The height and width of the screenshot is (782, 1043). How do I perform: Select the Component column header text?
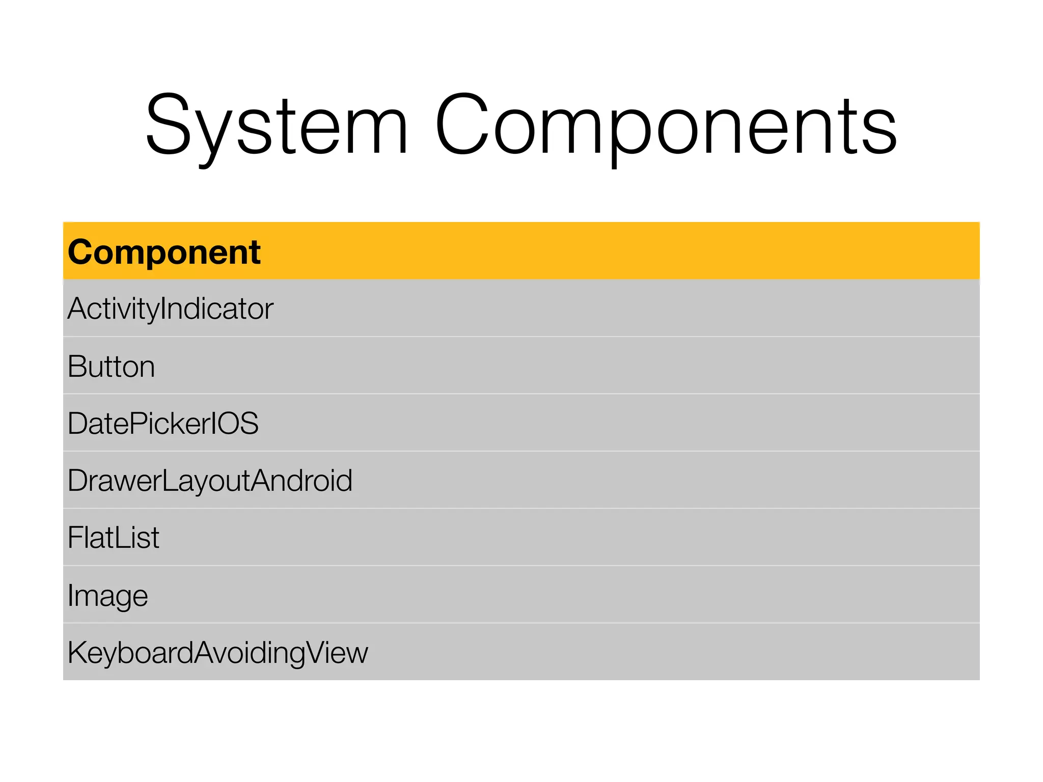164,252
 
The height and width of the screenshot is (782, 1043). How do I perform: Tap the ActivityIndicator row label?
171,309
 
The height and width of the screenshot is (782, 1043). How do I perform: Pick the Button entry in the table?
111,367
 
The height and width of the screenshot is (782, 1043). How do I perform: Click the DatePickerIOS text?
163,424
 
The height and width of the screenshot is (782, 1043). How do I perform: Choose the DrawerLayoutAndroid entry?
210,481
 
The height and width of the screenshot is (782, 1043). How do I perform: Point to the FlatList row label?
114,538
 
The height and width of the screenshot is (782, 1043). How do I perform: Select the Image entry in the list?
107,596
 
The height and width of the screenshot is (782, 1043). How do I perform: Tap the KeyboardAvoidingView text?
217,653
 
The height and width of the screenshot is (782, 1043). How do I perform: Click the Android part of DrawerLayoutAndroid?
301,481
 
